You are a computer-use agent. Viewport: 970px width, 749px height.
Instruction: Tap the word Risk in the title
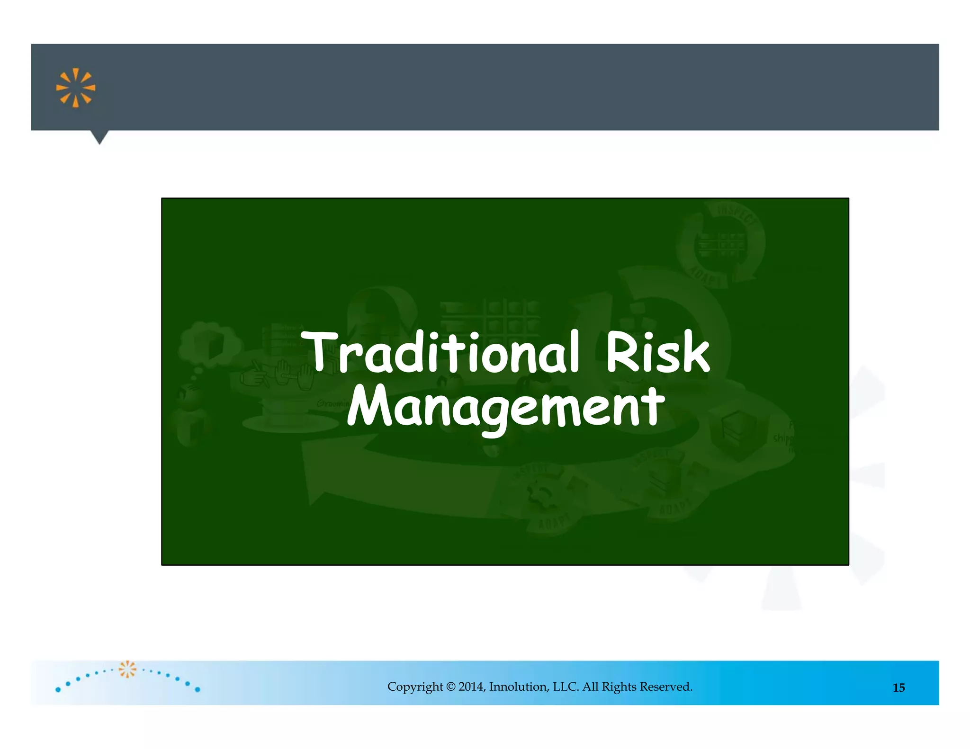(657, 352)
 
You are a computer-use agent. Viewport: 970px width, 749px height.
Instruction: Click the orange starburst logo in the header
(76, 88)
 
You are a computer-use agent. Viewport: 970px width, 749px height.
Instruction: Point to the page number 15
(898, 687)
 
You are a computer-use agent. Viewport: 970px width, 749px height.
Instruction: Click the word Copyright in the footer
(415, 687)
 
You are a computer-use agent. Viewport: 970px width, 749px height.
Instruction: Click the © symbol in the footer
(450, 687)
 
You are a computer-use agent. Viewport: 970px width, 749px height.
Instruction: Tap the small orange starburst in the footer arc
(127, 669)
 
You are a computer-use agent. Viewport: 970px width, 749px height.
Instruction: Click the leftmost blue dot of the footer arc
(58, 689)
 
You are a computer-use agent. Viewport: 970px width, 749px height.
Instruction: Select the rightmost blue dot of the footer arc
(198, 689)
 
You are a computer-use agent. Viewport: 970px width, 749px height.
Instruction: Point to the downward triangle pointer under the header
(99, 137)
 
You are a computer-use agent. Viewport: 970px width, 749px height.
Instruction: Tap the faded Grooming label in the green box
(332, 403)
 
